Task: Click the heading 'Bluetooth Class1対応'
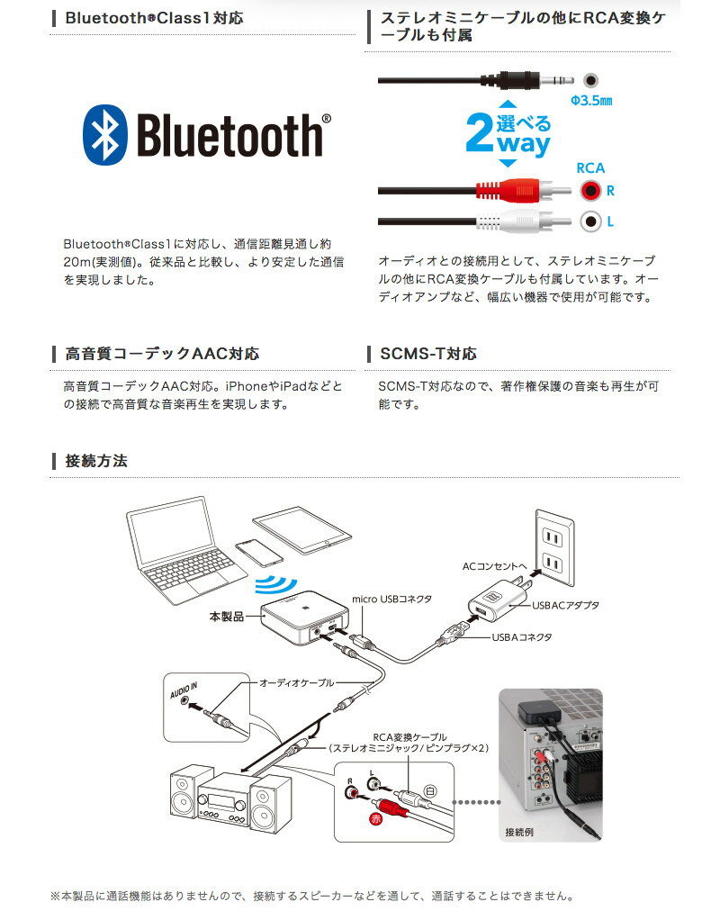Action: click(x=154, y=18)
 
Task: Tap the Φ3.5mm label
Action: click(x=591, y=101)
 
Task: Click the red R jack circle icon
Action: click(x=590, y=191)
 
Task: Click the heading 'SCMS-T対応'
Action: click(x=427, y=354)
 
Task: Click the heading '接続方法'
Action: click(x=96, y=461)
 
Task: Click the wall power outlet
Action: click(x=553, y=550)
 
